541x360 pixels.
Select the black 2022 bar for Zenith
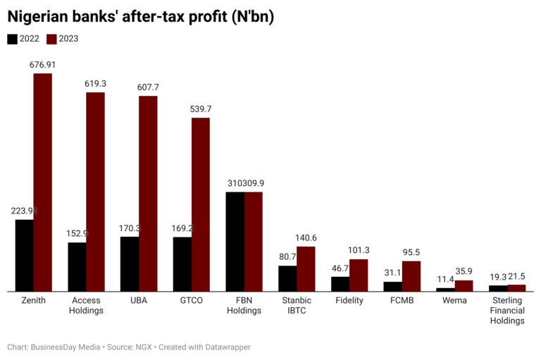tap(25, 255)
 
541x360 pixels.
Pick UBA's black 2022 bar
tap(130, 263)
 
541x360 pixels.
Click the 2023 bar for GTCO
tap(201, 204)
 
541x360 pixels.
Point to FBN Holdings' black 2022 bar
tap(235, 241)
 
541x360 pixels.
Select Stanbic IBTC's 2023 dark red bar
tap(306, 268)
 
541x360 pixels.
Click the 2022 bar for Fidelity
tap(340, 283)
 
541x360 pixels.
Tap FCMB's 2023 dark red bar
tap(411, 275)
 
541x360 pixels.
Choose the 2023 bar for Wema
tap(464, 285)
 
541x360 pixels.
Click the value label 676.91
tap(42, 65)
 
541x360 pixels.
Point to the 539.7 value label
tap(201, 109)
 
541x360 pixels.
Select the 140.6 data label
tap(306, 238)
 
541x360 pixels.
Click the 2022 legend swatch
tap(13, 39)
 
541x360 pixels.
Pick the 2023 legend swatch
tap(51, 39)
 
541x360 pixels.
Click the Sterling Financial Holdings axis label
tap(507, 310)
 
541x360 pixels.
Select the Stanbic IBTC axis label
tap(297, 305)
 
